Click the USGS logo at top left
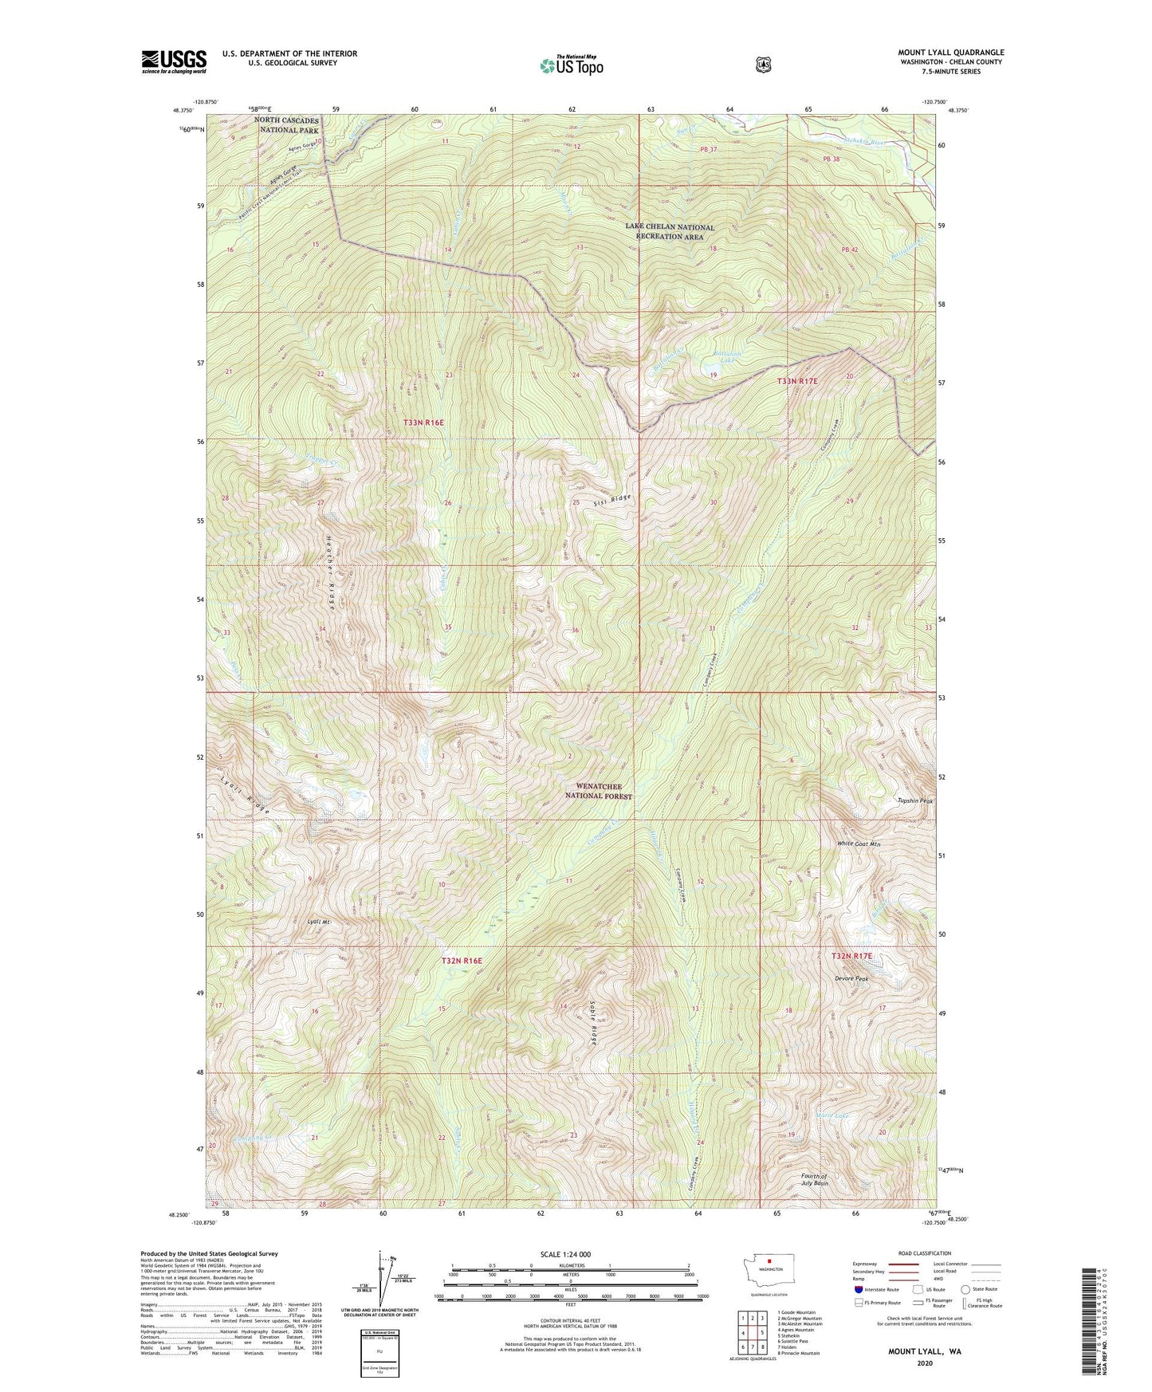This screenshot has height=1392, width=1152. pyautogui.click(x=174, y=61)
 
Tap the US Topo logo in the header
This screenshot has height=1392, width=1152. pyautogui.click(x=571, y=66)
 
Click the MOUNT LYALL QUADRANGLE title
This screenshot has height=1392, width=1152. pyautogui.click(x=950, y=53)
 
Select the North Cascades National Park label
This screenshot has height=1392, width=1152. pyautogui.click(x=287, y=125)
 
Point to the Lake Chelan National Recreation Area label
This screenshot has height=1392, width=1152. pyautogui.click(x=670, y=231)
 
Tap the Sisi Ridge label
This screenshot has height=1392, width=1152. pyautogui.click(x=612, y=500)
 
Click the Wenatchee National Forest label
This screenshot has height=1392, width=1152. pyautogui.click(x=598, y=791)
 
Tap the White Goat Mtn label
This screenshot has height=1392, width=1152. pyautogui.click(x=859, y=843)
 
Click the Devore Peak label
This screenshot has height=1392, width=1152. pyautogui.click(x=851, y=978)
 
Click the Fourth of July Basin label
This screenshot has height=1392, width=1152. pyautogui.click(x=814, y=1180)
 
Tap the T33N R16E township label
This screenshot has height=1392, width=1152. pyautogui.click(x=423, y=422)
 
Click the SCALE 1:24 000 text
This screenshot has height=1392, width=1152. pyautogui.click(x=565, y=1254)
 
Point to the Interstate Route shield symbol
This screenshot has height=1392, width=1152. pyautogui.click(x=859, y=1288)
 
